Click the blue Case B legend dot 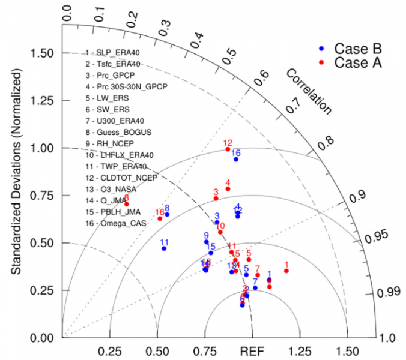[321, 47]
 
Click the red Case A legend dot [321, 62]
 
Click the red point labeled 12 [228, 149]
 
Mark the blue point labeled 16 [236, 159]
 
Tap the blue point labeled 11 [164, 248]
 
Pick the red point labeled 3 [216, 198]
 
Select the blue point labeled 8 [167, 214]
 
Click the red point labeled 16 [160, 218]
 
